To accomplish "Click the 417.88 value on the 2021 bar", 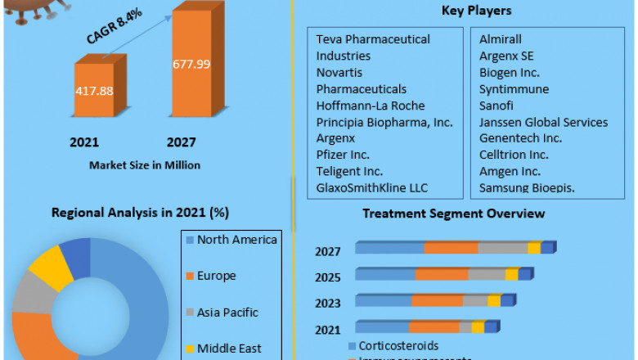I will click(x=95, y=91).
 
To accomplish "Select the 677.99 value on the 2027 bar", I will click(x=190, y=65).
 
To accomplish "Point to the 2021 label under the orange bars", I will click(x=84, y=142).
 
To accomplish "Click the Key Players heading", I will click(x=476, y=11).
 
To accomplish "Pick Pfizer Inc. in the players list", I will click(x=344, y=155).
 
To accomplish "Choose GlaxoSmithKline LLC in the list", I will click(x=373, y=187).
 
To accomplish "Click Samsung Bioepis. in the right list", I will click(x=527, y=187).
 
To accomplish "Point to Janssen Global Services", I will click(x=543, y=122).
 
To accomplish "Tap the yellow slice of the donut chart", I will click(x=51, y=267).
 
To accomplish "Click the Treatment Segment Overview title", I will click(x=453, y=214).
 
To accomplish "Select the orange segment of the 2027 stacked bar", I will click(x=451, y=248).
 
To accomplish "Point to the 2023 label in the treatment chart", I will click(x=328, y=304).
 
